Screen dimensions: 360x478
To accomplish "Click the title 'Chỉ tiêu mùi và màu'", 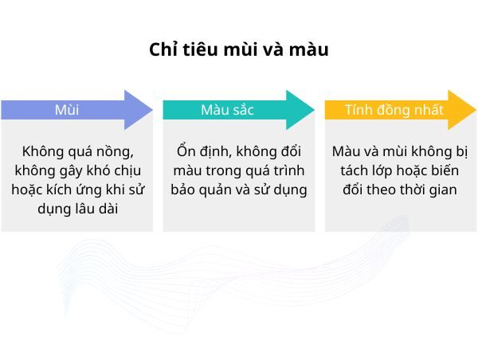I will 239,49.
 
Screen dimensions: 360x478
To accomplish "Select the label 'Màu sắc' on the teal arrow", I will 228,110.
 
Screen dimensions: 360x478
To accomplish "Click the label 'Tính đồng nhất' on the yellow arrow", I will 394,110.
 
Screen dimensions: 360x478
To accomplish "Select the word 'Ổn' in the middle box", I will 186,151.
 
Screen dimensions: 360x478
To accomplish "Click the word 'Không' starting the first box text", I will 41,151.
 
